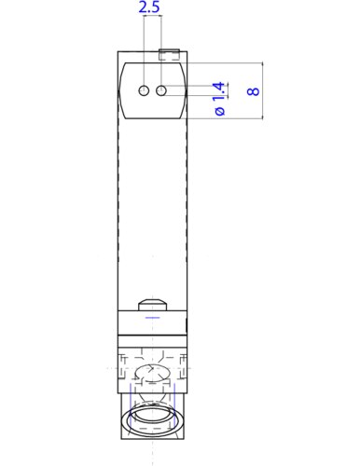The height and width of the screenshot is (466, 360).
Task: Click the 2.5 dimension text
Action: (x=149, y=8)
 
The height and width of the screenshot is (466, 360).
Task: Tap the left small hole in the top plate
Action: (x=145, y=90)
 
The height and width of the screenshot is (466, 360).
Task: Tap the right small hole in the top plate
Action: (x=161, y=90)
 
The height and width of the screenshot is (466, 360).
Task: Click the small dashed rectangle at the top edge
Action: (x=171, y=54)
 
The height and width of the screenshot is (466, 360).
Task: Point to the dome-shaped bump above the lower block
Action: (x=153, y=304)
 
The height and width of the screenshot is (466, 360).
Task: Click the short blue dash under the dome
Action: (x=153, y=317)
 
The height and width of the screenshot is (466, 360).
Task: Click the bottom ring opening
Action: (x=153, y=415)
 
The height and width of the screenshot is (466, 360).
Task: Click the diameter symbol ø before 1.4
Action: (x=220, y=111)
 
